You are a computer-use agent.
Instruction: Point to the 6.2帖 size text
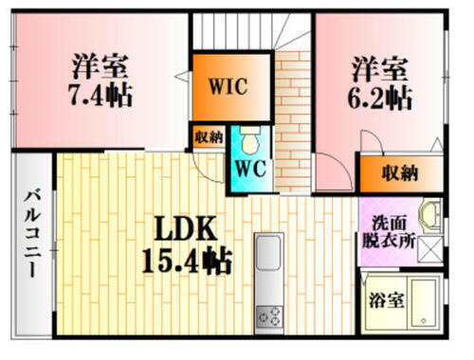point(381,96)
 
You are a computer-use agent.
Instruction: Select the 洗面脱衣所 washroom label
point(386,232)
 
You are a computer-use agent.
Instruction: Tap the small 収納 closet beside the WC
point(210,136)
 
